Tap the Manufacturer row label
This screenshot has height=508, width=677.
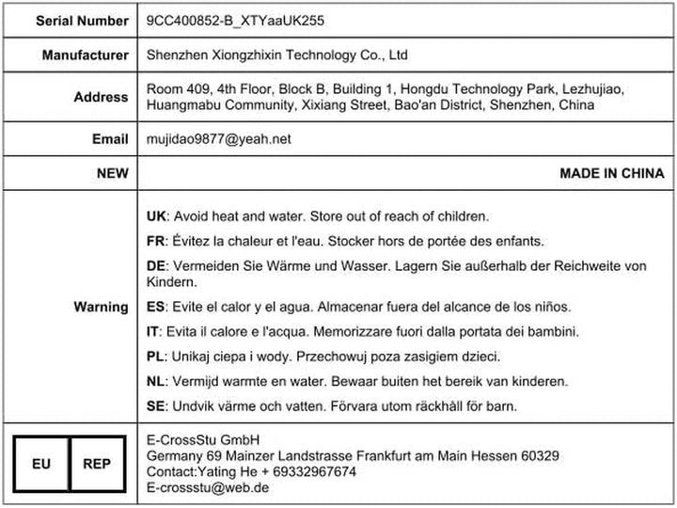point(86,56)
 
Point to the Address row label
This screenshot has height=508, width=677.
point(102,97)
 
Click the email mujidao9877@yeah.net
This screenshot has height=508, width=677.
point(219,139)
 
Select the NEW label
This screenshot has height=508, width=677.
point(113,173)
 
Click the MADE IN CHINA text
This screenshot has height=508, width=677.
point(611,173)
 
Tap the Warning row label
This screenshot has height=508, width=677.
point(102,307)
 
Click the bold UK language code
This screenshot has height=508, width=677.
point(157,215)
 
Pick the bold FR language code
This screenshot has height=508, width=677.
point(157,240)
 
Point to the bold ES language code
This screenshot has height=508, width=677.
point(157,307)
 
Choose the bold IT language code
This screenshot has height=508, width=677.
point(153,331)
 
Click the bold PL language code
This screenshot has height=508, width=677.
point(156,357)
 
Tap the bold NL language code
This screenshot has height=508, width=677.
point(157,381)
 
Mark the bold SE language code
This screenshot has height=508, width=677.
point(157,405)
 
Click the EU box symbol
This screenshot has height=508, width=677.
point(42,464)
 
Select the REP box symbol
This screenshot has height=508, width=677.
point(96,464)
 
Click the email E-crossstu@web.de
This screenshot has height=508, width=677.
point(208,487)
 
